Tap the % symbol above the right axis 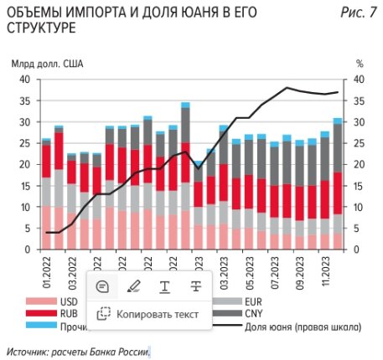(360, 64)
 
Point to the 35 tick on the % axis (361, 101)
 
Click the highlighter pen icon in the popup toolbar (133, 286)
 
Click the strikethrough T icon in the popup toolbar (195, 286)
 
